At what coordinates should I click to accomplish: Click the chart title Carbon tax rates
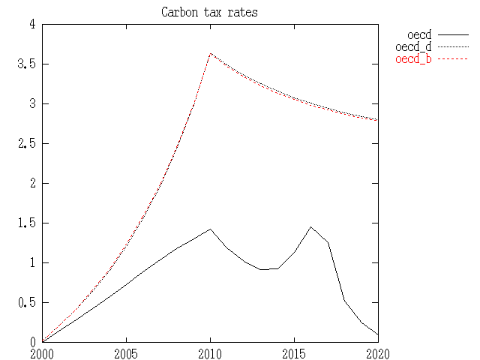click(209, 13)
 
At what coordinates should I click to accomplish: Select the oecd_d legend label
click(413, 47)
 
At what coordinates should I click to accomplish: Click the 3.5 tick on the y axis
click(27, 64)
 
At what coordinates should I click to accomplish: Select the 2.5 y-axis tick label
click(27, 144)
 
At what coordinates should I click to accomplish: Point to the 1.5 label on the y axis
click(27, 223)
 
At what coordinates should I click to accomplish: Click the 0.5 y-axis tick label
click(27, 303)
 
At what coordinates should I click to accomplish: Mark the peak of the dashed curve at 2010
click(210, 53)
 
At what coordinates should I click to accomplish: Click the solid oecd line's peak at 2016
click(310, 226)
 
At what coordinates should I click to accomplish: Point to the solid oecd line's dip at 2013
click(260, 269)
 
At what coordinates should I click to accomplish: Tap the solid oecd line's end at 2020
click(377, 334)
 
